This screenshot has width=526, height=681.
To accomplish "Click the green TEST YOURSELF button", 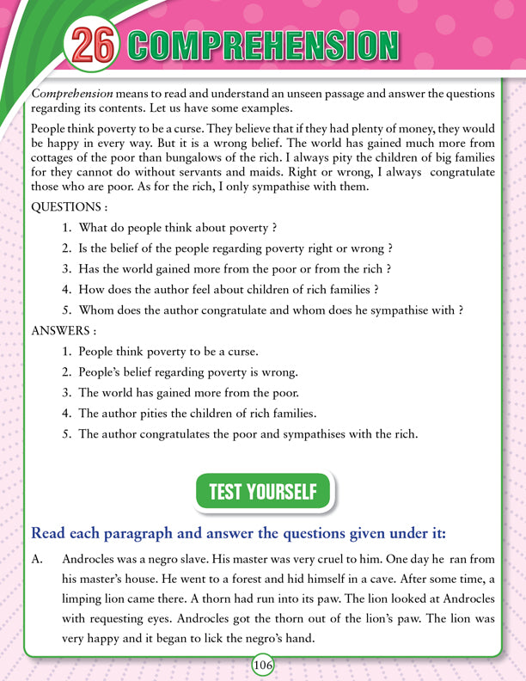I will coord(263,492).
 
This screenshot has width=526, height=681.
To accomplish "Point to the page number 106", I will coord(263,666).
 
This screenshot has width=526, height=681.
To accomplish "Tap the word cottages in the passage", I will coord(58,162).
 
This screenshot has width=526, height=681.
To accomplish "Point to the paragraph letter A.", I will coord(37,560).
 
